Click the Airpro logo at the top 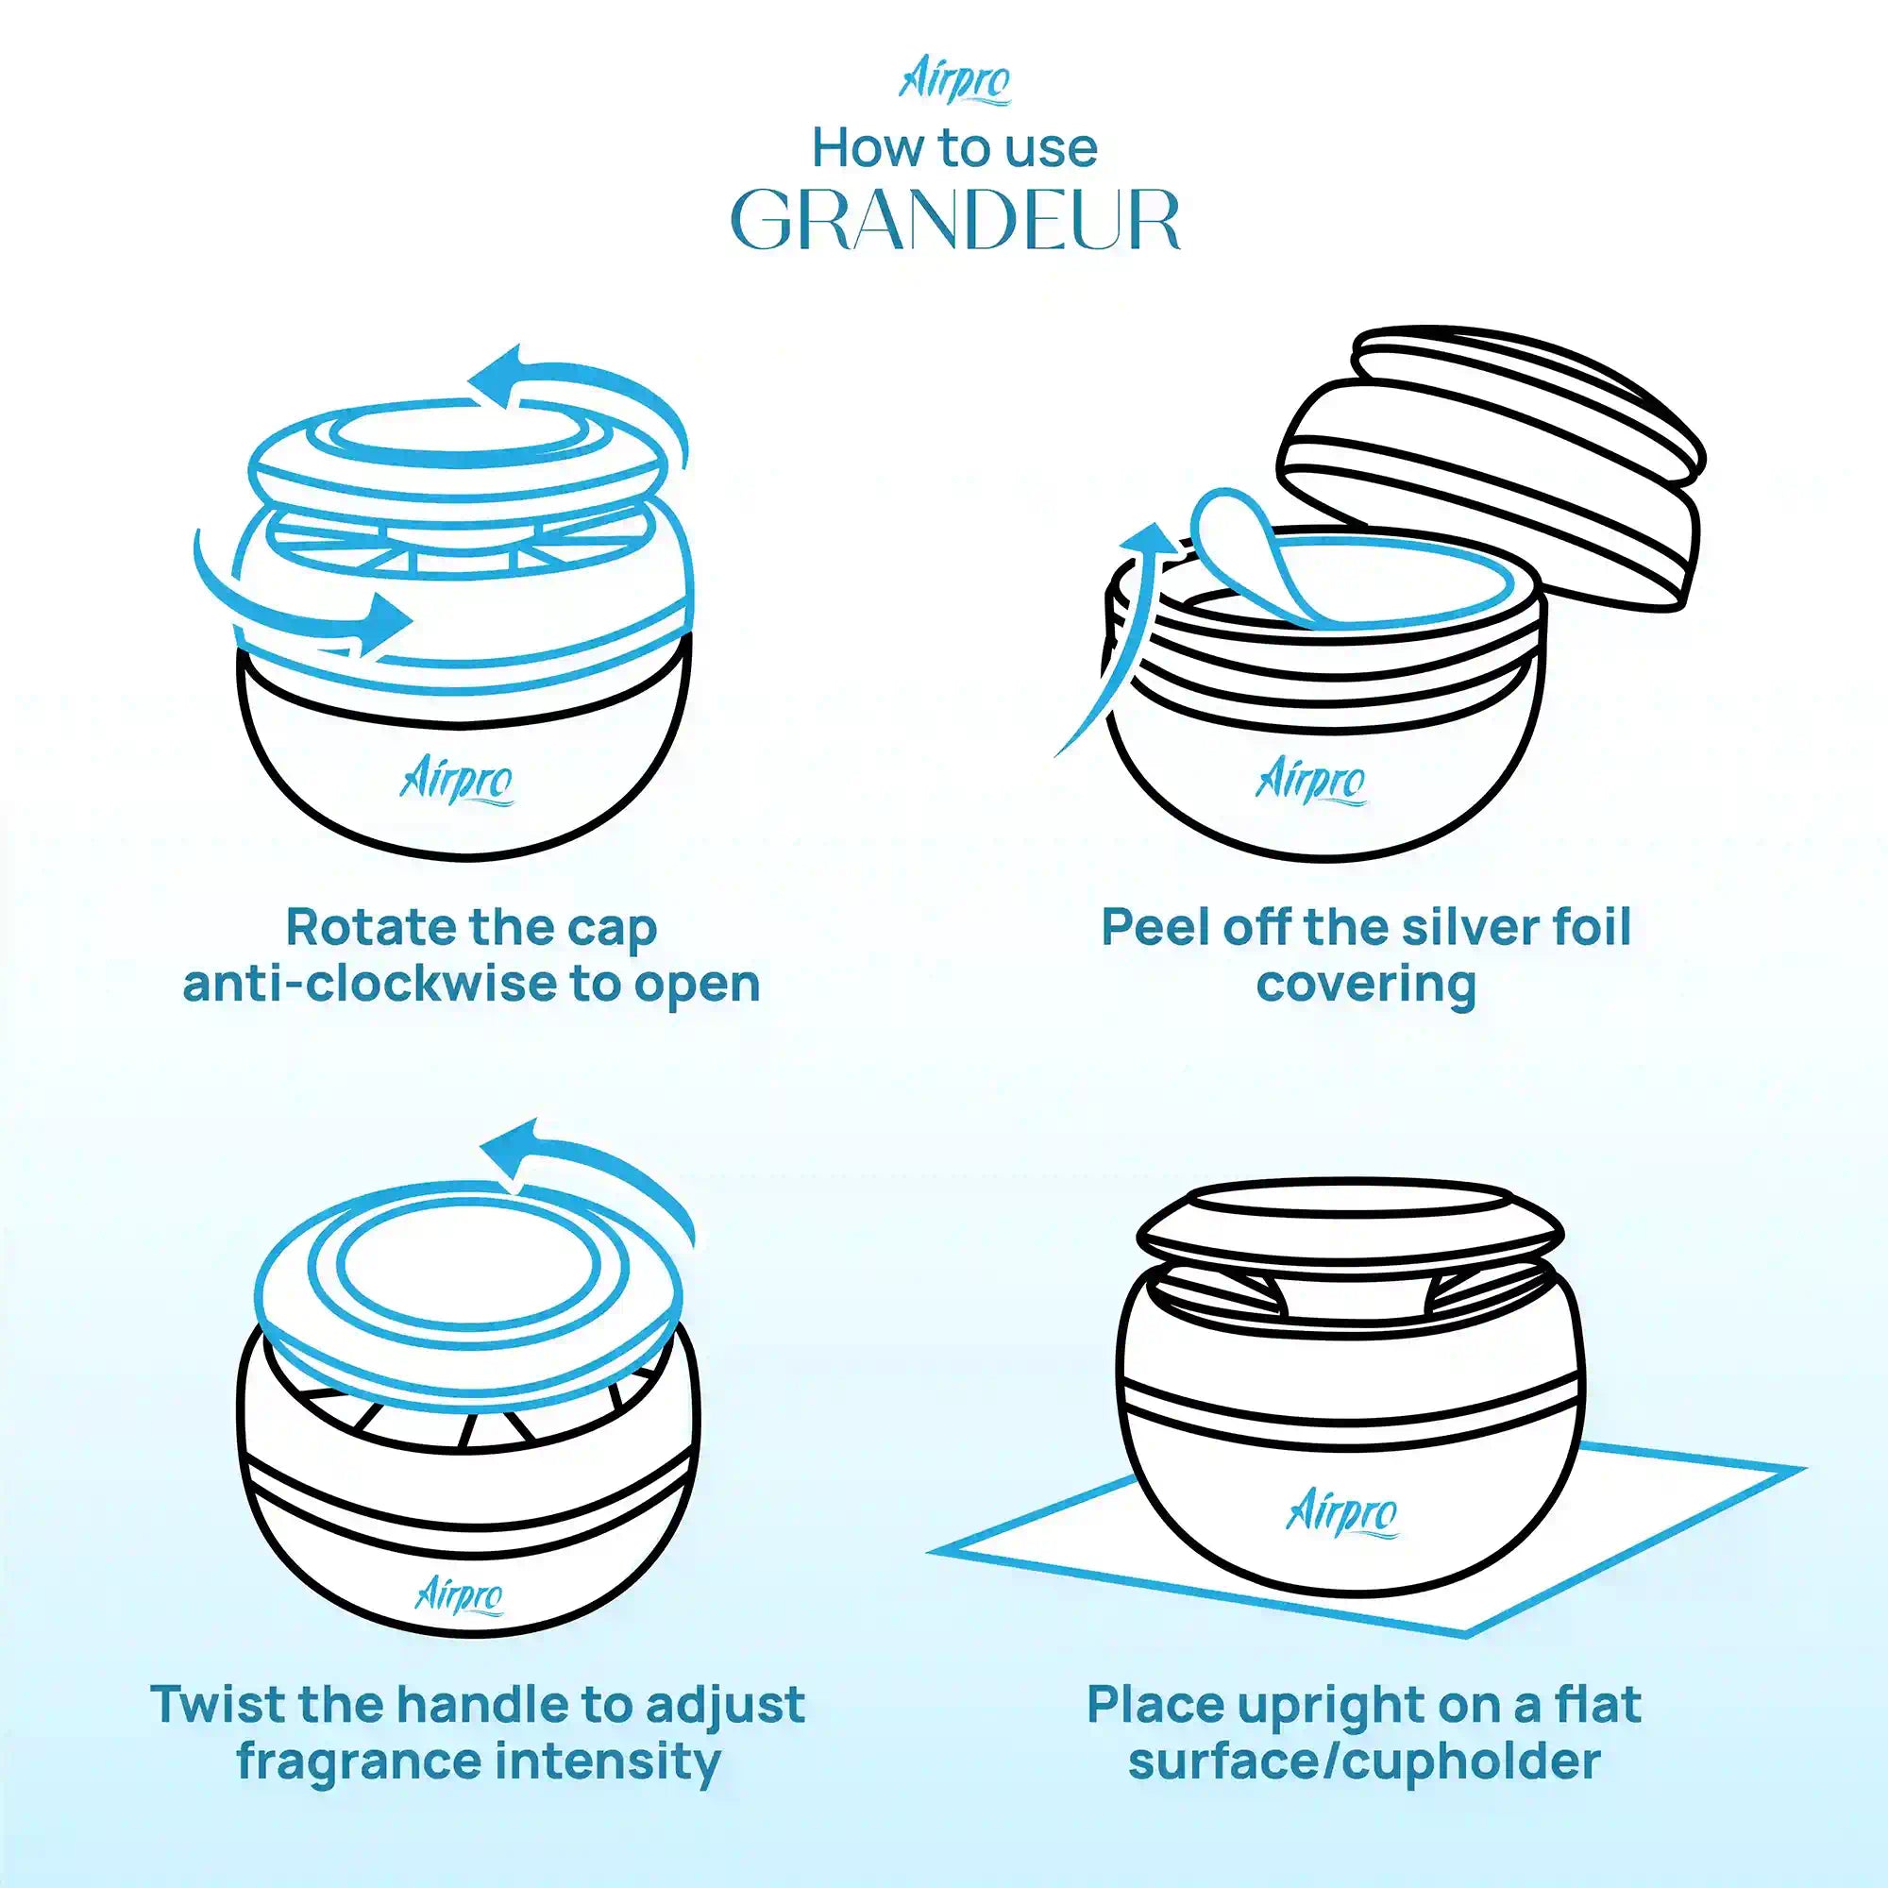pyautogui.click(x=953, y=83)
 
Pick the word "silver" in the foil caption pyautogui.click(x=1445, y=926)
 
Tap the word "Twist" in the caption pyautogui.click(x=218, y=1705)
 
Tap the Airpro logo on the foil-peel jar pyautogui.click(x=1310, y=783)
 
